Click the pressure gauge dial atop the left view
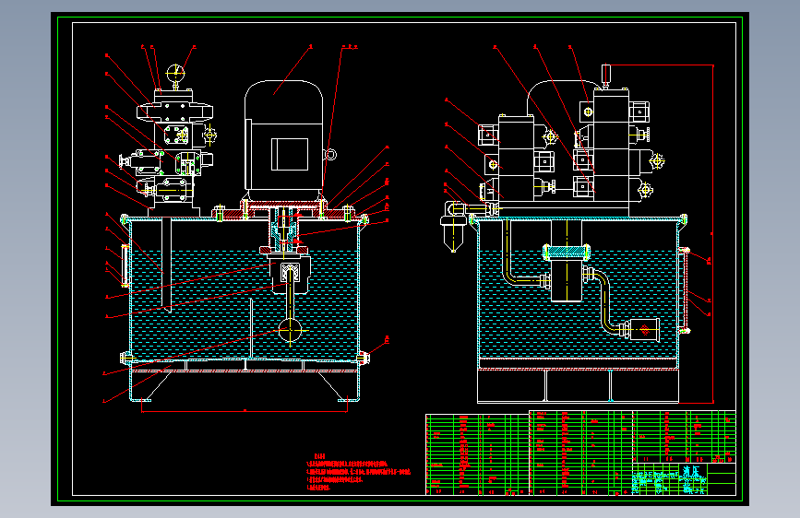[176, 71]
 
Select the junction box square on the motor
[288, 153]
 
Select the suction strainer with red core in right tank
[642, 329]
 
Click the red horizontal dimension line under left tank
[245, 408]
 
